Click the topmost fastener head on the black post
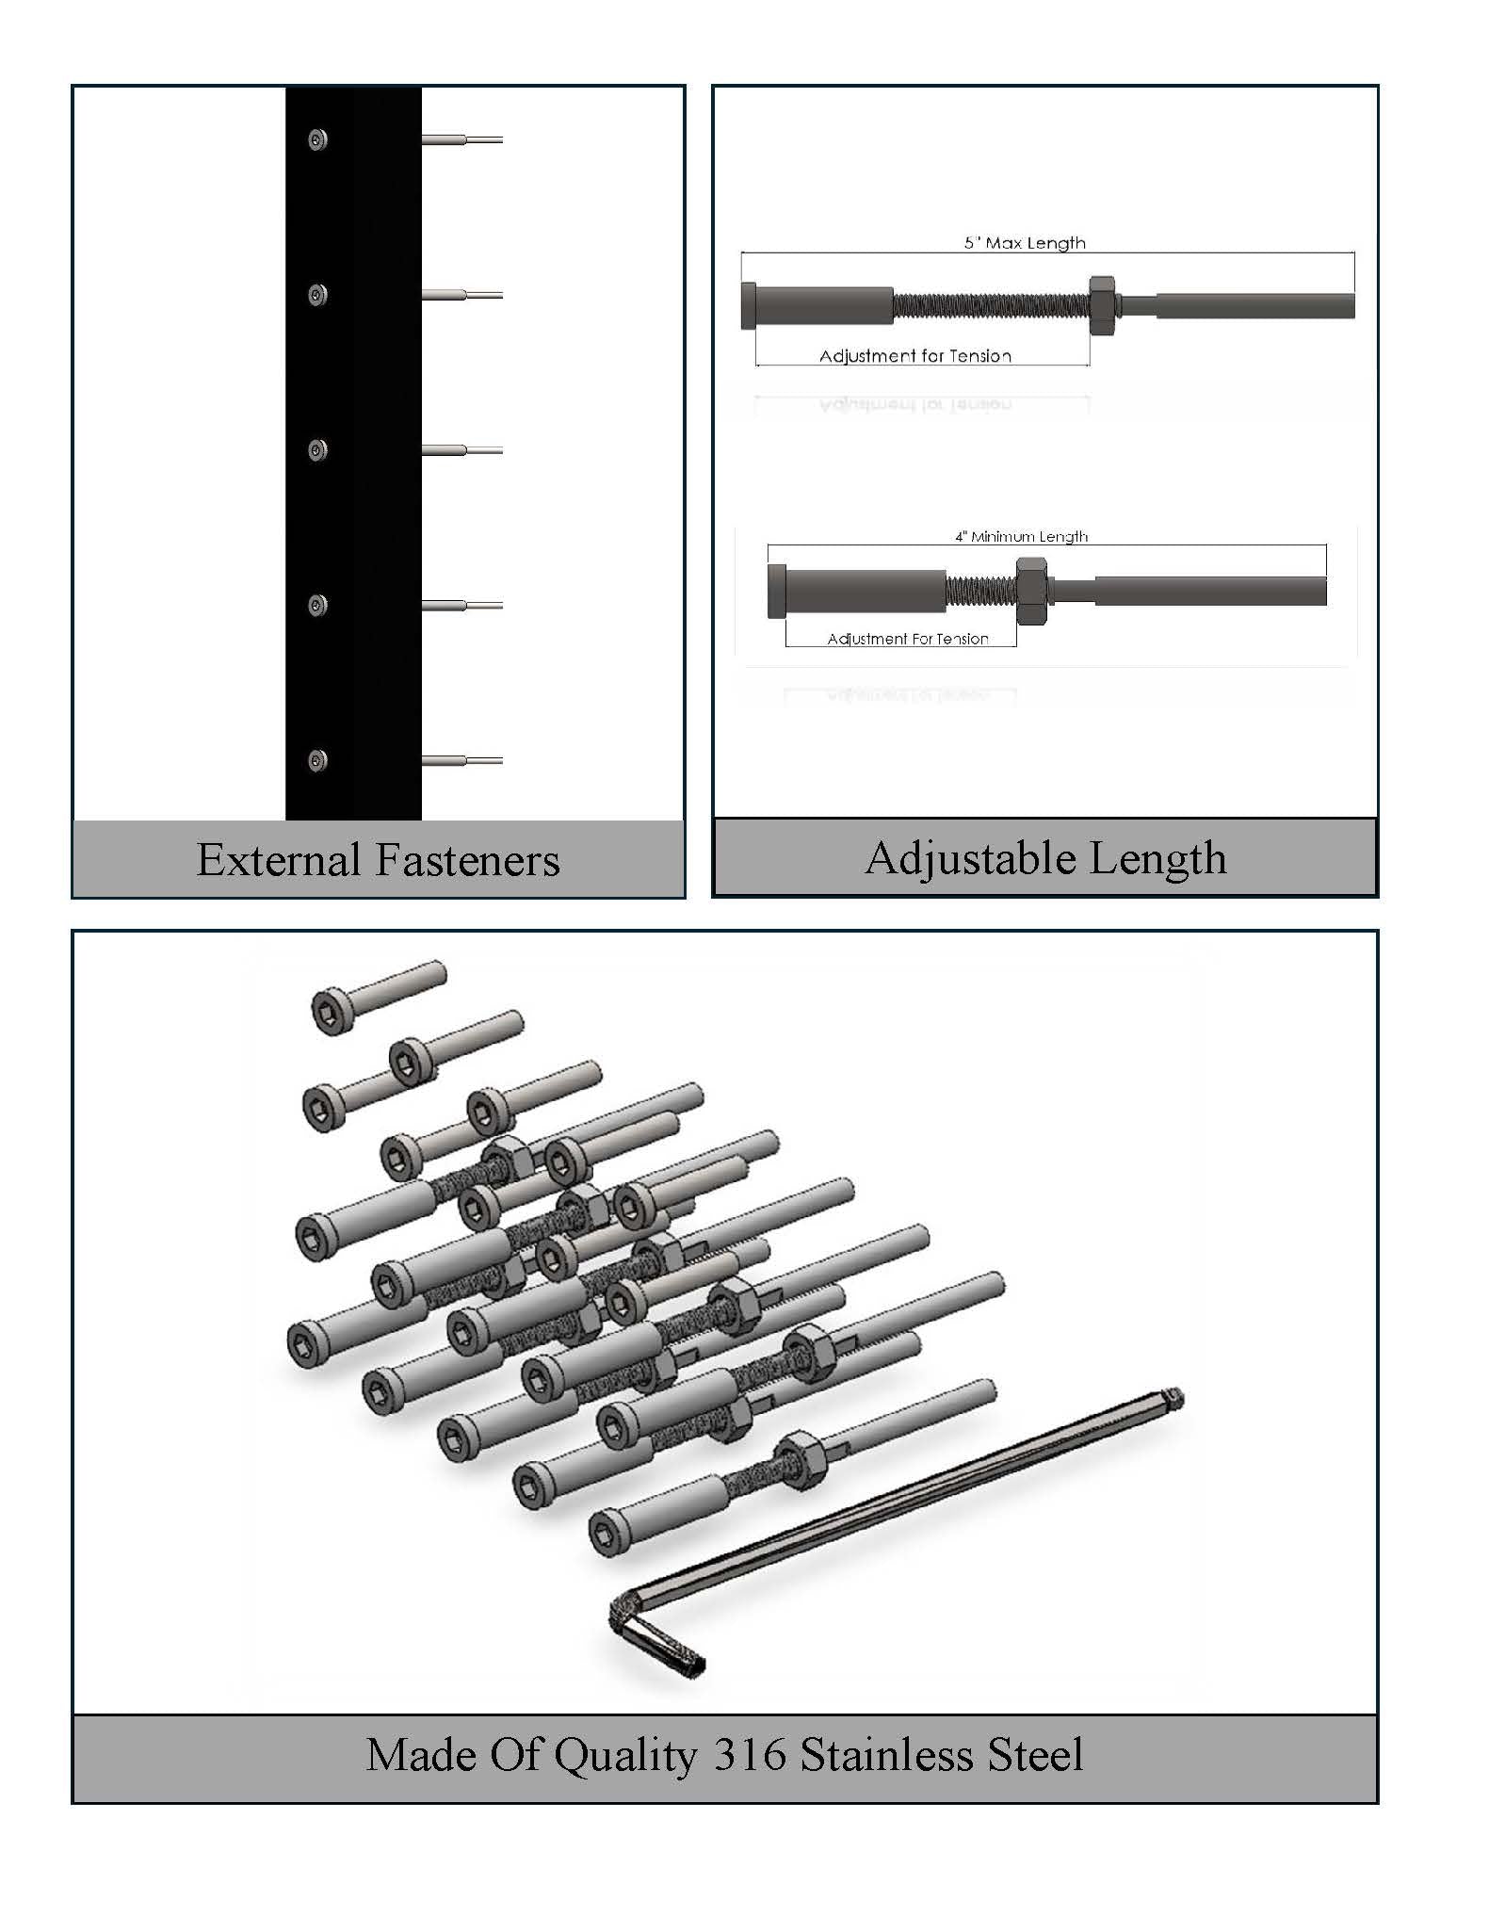pos(317,140)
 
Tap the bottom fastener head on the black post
pos(317,760)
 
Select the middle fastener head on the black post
pos(317,450)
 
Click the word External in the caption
pos(279,860)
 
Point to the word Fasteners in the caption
pos(467,860)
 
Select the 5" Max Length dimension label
pos(1025,243)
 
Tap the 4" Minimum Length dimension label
pos(1022,537)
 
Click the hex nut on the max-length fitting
pos(1102,305)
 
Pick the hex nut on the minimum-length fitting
pos(1031,591)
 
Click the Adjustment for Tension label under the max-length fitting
pos(915,356)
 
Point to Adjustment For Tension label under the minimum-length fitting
pos(908,639)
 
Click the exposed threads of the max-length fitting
pos(989,305)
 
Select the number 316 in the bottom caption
pos(750,1754)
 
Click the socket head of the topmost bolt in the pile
pos(332,1012)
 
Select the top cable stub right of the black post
pos(461,140)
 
